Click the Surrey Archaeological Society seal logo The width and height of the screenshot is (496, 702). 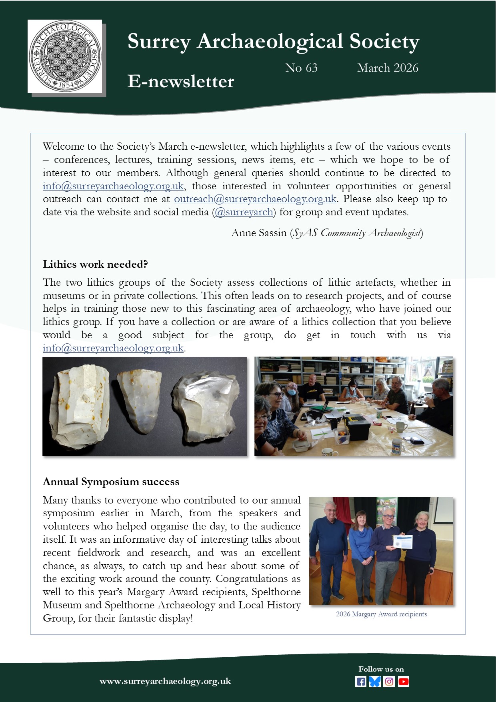[65, 56]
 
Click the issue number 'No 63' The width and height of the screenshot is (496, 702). [301, 68]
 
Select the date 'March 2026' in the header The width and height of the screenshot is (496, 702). [388, 68]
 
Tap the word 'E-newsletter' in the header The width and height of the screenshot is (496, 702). [180, 82]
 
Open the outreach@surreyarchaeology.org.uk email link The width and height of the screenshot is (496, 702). [255, 199]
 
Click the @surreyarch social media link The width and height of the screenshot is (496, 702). [244, 212]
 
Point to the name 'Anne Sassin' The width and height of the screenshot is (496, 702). [259, 233]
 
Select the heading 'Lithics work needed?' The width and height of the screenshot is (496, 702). [95, 265]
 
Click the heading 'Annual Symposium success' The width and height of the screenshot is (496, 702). [111, 482]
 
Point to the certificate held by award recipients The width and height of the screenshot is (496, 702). [402, 542]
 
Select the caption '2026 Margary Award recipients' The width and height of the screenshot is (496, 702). [381, 614]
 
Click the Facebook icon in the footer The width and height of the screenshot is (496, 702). [360, 682]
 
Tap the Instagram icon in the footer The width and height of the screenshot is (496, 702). [389, 682]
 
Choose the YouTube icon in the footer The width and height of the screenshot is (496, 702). [403, 682]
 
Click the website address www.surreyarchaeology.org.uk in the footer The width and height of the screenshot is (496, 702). [165, 681]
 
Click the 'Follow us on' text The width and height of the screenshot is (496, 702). [381, 669]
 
